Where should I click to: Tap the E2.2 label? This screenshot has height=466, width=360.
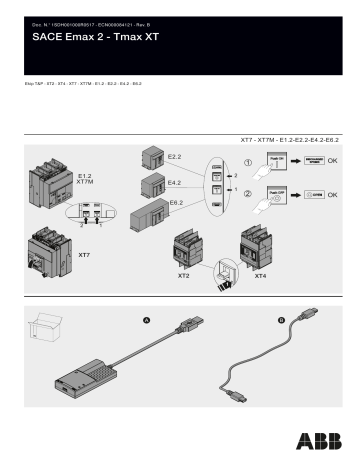(x=174, y=157)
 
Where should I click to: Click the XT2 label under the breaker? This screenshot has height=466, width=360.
(x=184, y=274)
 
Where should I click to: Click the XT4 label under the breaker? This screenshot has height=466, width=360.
(x=261, y=274)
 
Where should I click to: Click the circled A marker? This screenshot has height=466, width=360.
(x=147, y=320)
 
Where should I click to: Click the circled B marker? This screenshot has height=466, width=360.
(x=281, y=320)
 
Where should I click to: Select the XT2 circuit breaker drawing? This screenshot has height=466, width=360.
(x=190, y=250)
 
